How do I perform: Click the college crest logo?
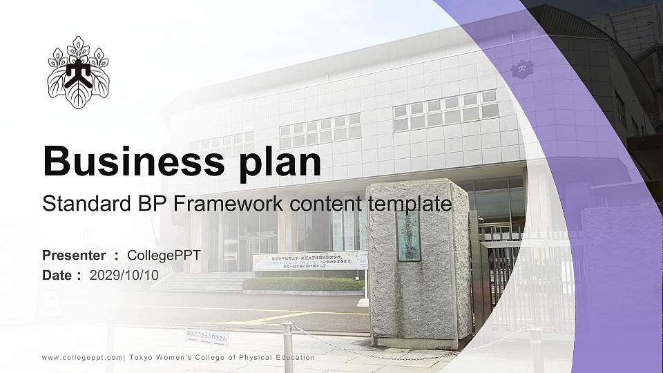click(x=78, y=73)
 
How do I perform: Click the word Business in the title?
click(x=126, y=162)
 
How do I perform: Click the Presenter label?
click(x=74, y=256)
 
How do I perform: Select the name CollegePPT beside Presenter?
click(x=164, y=256)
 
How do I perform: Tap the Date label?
click(x=57, y=275)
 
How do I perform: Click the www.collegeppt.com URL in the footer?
click(x=83, y=358)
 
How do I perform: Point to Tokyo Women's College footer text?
click(x=222, y=358)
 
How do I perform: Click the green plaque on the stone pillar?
click(x=408, y=236)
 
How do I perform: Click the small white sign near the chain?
click(x=206, y=338)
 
